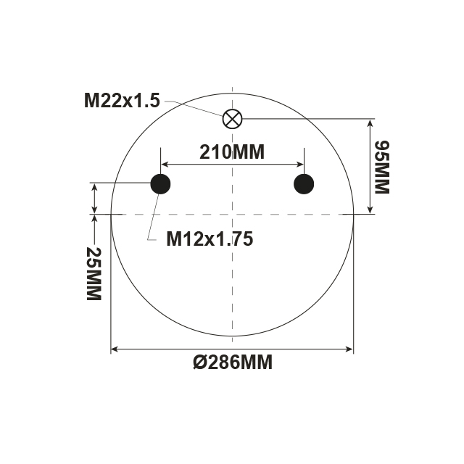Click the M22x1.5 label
pyautogui.click(x=121, y=101)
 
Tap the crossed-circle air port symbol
pyautogui.click(x=232, y=119)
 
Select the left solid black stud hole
pyautogui.click(x=160, y=184)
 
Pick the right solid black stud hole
pyautogui.click(x=304, y=184)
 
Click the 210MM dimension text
pyautogui.click(x=232, y=152)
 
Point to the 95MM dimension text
pyautogui.click(x=381, y=167)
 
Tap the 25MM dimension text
pyautogui.click(x=93, y=274)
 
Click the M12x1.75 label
pyautogui.click(x=210, y=239)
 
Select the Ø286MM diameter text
pyautogui.click(x=233, y=362)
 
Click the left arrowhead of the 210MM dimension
pyautogui.click(x=165, y=165)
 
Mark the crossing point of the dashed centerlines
pyautogui.click(x=232, y=215)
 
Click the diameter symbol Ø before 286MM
pyautogui.click(x=201, y=362)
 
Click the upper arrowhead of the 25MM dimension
pyautogui.click(x=95, y=188)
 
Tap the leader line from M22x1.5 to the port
pyautogui.click(x=191, y=106)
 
